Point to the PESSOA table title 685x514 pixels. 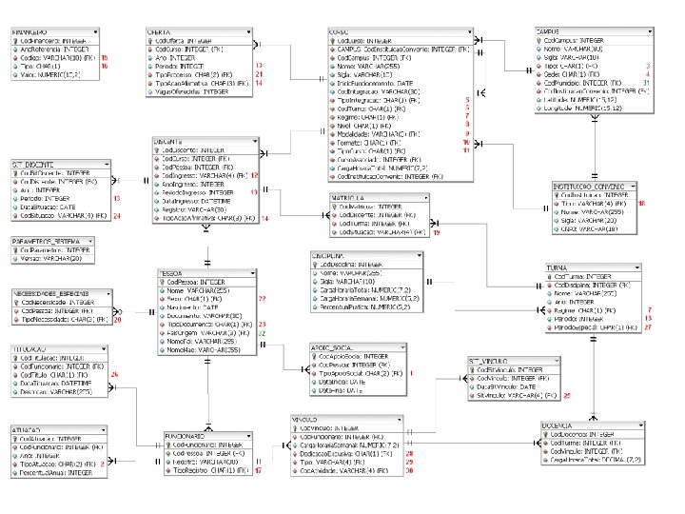tap(171, 273)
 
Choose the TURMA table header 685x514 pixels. tap(559, 268)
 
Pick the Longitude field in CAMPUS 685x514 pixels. tap(571, 108)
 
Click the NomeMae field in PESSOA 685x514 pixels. tap(186, 351)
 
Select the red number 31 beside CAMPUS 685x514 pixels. tap(646, 83)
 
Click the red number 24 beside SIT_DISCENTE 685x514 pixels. tap(117, 216)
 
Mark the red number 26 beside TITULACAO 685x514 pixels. tap(114, 376)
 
